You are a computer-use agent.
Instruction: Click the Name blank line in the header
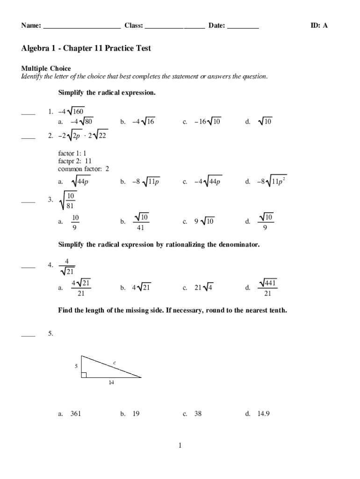[82, 28]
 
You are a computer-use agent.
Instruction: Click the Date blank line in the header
[243, 28]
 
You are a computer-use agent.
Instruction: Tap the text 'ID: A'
[319, 26]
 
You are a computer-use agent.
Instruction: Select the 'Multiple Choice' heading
[46, 69]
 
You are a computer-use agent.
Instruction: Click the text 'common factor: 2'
[83, 169]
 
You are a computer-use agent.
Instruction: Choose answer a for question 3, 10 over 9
[75, 222]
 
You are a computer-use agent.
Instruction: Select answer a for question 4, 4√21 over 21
[80, 288]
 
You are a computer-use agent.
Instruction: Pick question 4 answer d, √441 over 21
[267, 288]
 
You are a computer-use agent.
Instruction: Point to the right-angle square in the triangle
[84, 375]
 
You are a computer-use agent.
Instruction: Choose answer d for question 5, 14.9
[263, 414]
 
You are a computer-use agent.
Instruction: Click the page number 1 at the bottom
[180, 446]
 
